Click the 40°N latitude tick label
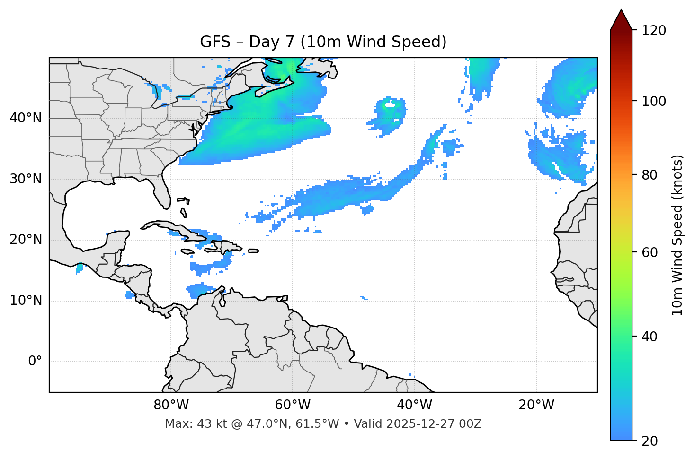coord(26,118)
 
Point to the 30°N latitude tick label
coord(26,179)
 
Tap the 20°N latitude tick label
coord(26,240)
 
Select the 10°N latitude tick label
coord(26,301)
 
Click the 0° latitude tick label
coord(35,362)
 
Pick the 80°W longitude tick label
coord(171,405)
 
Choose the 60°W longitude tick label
coord(293,405)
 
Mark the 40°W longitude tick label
coord(414,405)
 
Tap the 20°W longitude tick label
coord(536,405)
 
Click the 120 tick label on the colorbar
coord(654,31)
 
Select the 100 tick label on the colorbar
coord(654,101)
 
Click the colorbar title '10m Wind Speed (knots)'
coord(677,235)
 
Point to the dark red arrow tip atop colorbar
coord(621,19)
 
